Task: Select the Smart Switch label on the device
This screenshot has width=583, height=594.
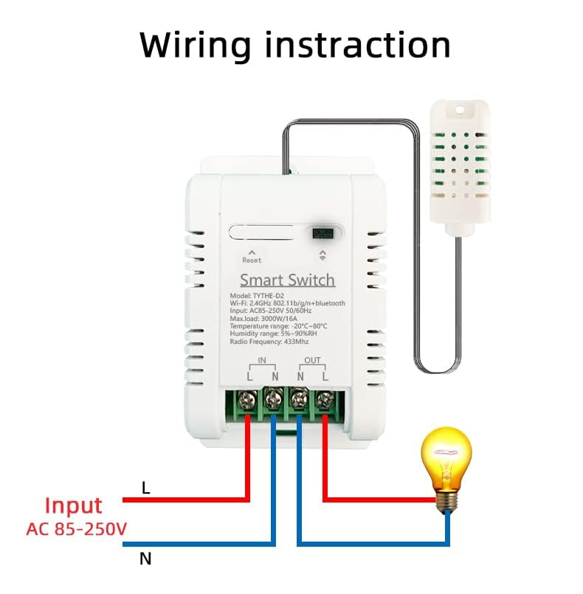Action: pyautogui.click(x=287, y=280)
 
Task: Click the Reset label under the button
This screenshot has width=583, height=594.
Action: pyautogui.click(x=252, y=260)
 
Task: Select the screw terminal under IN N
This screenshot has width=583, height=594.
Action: pyautogui.click(x=272, y=401)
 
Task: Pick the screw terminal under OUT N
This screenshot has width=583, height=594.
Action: pyautogui.click(x=299, y=401)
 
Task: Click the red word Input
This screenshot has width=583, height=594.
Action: pyautogui.click(x=73, y=505)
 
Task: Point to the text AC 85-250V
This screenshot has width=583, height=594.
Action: pyautogui.click(x=76, y=529)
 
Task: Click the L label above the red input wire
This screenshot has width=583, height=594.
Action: pyautogui.click(x=145, y=488)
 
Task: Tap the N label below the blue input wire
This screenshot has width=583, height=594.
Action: pyautogui.click(x=145, y=559)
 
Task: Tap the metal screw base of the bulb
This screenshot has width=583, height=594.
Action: pyautogui.click(x=446, y=501)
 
